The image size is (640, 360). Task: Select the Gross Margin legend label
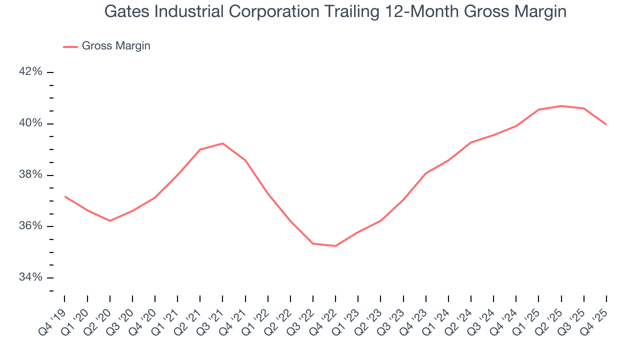[116, 46]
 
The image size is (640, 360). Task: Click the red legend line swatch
[70, 46]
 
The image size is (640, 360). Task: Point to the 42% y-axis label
[30, 72]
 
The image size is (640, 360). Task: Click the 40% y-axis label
[30, 123]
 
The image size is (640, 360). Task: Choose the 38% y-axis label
[30, 175]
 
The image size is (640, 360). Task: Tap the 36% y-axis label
[30, 226]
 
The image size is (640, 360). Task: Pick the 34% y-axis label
[30, 277]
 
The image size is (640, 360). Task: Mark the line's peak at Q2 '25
[561, 106]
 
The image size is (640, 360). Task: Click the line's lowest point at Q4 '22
[335, 246]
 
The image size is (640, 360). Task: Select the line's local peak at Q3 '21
[222, 143]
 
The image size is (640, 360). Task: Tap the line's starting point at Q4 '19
[64, 196]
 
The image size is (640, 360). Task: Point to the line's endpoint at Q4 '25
[606, 124]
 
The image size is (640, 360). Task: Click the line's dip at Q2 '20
[109, 220]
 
